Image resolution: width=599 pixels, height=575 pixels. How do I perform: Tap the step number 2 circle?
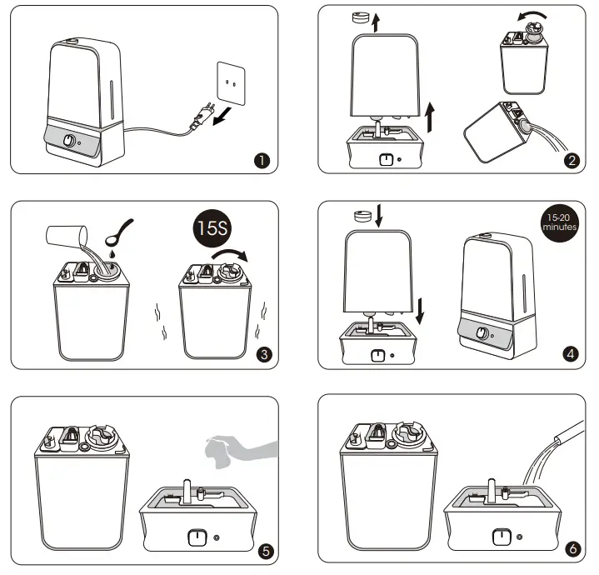pyautogui.click(x=571, y=161)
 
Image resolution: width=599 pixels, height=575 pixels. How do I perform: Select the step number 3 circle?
pyautogui.click(x=263, y=354)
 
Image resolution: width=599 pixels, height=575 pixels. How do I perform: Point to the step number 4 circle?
pyautogui.click(x=571, y=354)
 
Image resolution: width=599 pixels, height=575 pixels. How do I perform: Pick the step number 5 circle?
pyautogui.click(x=263, y=550)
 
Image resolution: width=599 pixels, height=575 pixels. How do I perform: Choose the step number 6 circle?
pyautogui.click(x=571, y=550)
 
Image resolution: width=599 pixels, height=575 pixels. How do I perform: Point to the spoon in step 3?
pyautogui.click(x=122, y=227)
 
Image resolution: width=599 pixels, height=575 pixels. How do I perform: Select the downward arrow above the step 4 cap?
pyautogui.click(x=379, y=217)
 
